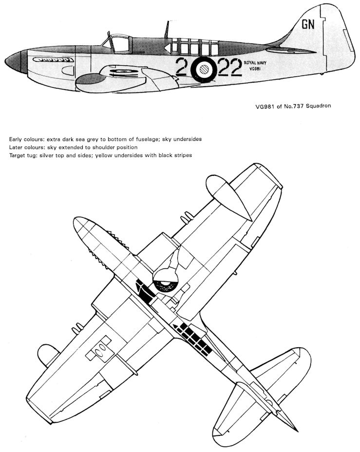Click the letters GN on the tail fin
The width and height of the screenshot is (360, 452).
coord(308,25)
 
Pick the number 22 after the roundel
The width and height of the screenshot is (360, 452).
coord(230,67)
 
